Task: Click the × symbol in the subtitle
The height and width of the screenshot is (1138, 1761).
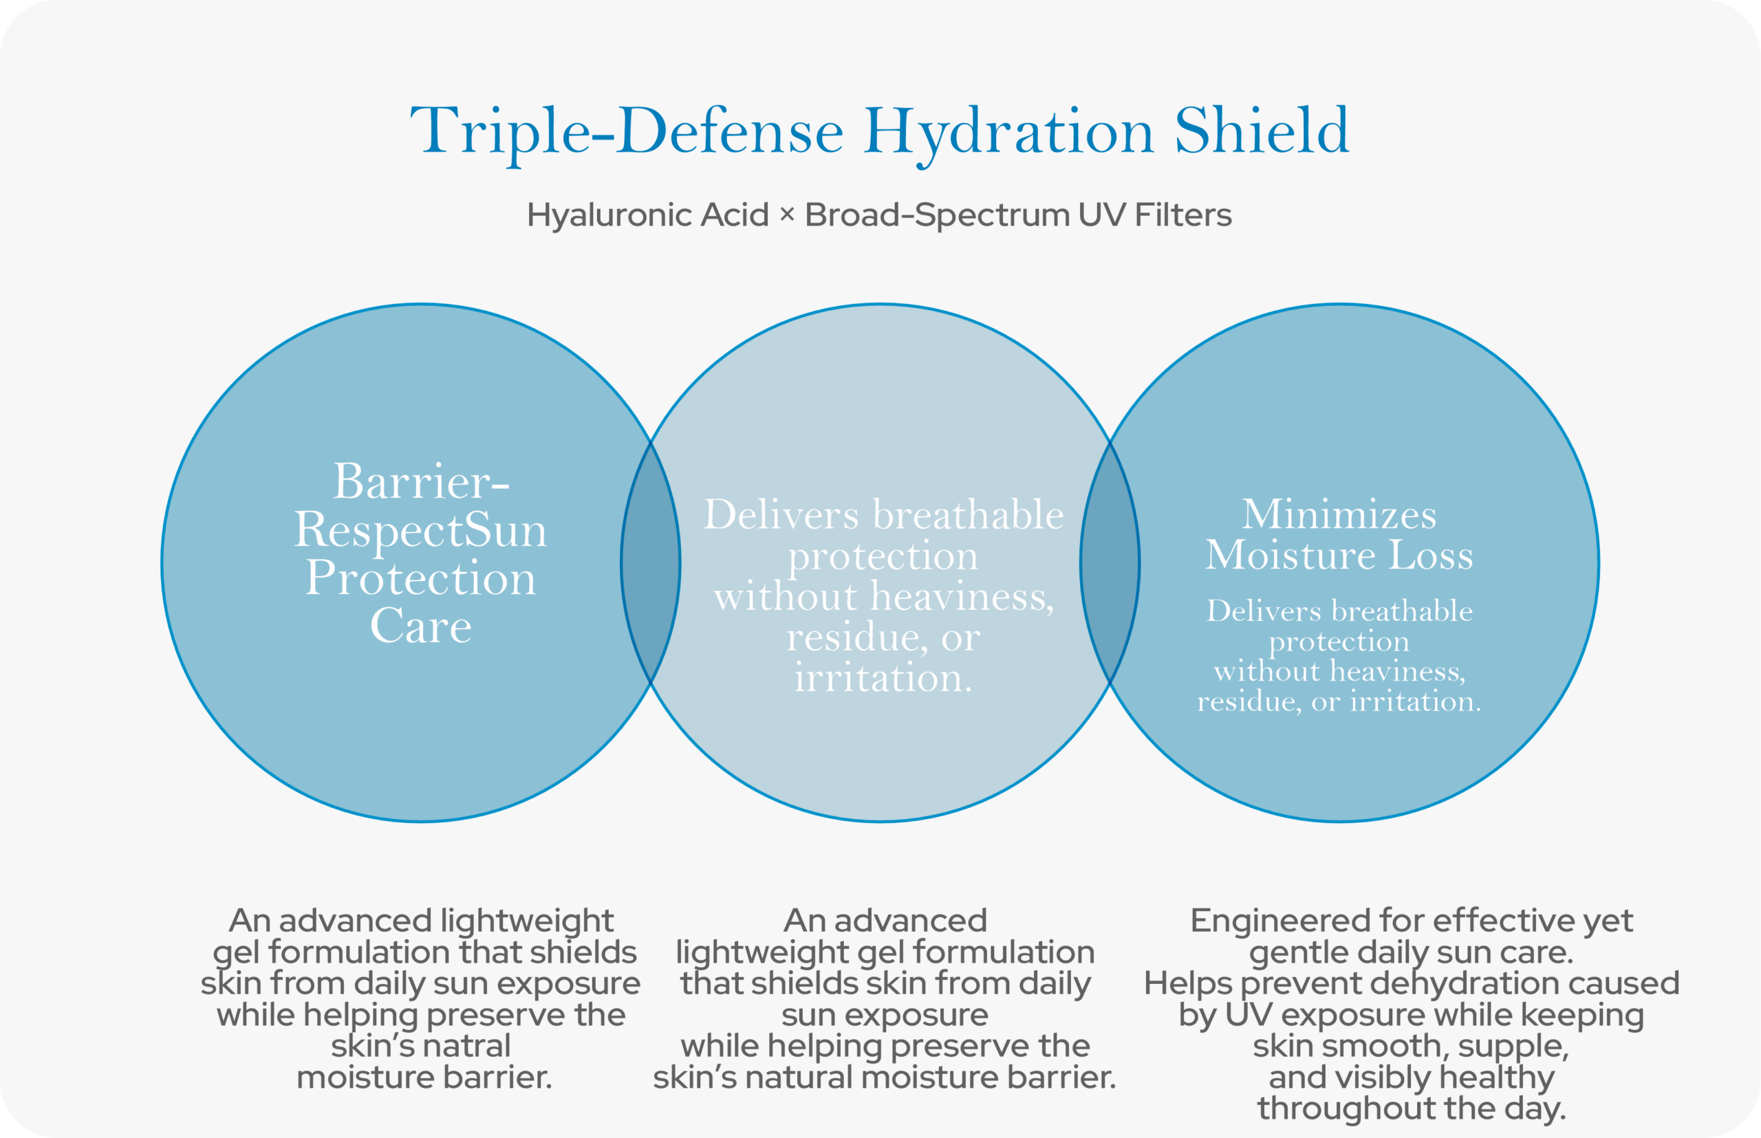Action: tap(787, 215)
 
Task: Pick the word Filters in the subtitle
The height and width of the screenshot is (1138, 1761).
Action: tap(1183, 215)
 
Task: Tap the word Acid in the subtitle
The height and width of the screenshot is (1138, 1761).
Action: tap(735, 215)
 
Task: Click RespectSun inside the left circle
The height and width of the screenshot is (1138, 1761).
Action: tap(421, 531)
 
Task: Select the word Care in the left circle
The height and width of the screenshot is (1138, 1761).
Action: tap(421, 626)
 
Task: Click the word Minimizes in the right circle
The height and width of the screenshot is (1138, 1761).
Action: tap(1339, 514)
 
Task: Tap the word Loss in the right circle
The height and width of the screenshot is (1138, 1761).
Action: tap(1432, 555)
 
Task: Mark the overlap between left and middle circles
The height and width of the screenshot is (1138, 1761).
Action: tap(651, 563)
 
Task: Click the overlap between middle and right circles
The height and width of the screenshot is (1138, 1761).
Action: tap(1110, 563)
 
